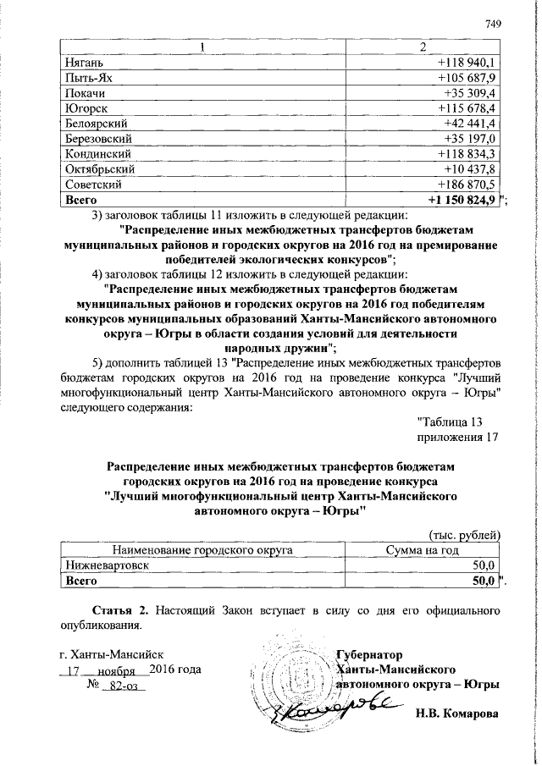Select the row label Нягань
[85, 62]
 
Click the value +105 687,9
[466, 77]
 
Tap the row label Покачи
[85, 92]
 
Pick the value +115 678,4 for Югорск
[466, 107]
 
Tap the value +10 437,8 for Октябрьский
[468, 168]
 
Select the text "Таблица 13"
[451, 422]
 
